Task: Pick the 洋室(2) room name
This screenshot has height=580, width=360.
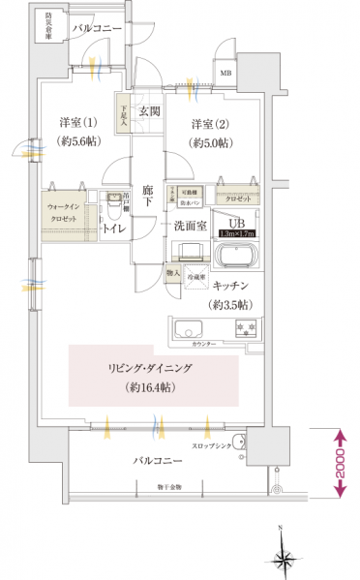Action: pos(208,123)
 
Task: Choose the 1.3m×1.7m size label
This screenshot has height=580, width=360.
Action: pos(237,233)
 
